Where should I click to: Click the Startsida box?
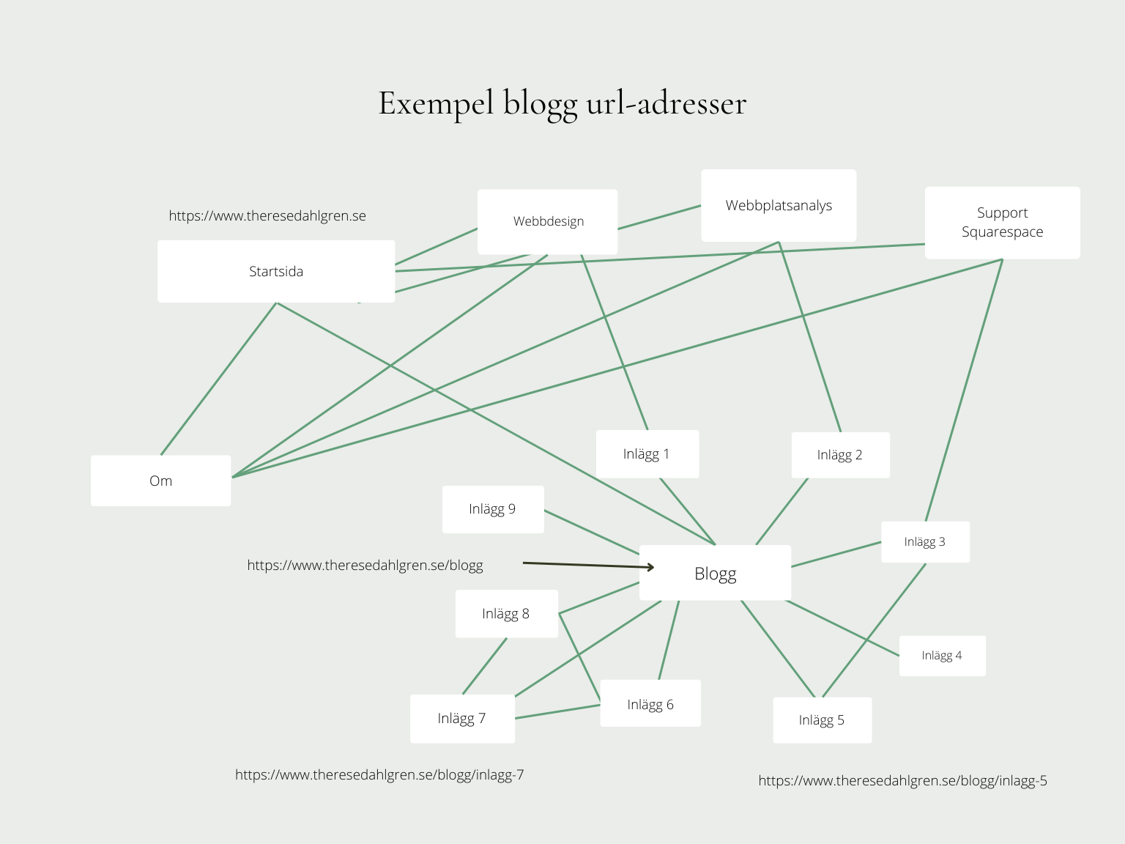point(276,271)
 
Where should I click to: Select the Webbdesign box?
point(548,221)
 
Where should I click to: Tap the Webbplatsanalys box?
point(779,205)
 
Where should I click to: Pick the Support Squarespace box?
point(1002,222)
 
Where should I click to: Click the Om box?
point(160,481)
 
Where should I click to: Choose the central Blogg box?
point(715,573)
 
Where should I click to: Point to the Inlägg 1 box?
point(647,454)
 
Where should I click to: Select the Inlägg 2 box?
point(840,455)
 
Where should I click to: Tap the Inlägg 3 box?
point(925,541)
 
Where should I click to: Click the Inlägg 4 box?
point(942,655)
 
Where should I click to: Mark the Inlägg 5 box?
point(822,720)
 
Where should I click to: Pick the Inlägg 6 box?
point(650,704)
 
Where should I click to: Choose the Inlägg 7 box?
point(461,718)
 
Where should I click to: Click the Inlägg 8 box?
point(506,613)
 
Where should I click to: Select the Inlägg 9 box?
point(492,508)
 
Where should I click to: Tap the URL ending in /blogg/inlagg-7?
point(379,774)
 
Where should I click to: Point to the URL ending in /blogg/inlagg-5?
point(902,780)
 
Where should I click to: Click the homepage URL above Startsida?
point(267,215)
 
